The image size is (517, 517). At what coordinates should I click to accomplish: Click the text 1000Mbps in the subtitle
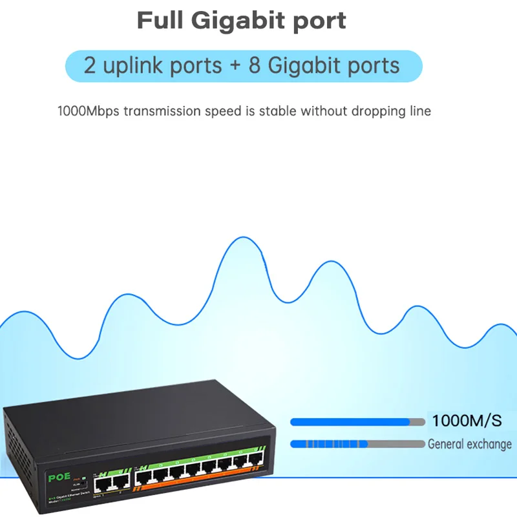coord(88,111)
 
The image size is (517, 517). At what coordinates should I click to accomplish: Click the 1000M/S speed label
coord(467,421)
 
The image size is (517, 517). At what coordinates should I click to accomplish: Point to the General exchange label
coord(469,444)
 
